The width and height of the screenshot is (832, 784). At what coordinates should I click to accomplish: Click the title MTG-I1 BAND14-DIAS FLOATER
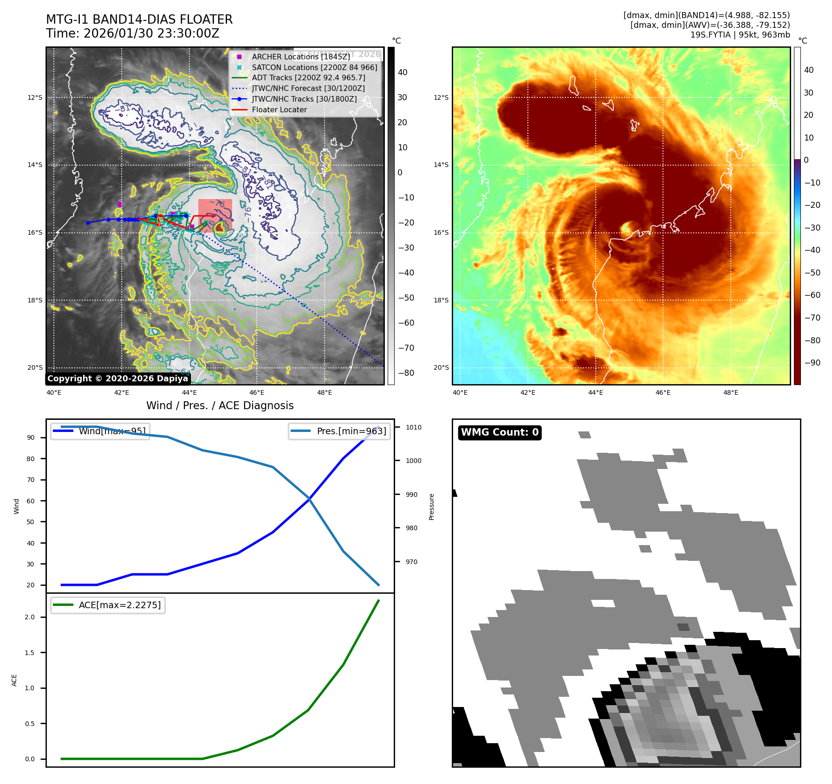tap(139, 19)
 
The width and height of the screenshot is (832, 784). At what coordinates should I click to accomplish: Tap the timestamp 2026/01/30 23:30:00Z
tap(151, 34)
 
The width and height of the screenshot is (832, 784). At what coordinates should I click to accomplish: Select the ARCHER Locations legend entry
tap(300, 57)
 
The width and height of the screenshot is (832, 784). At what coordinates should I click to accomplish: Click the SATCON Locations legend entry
tap(314, 67)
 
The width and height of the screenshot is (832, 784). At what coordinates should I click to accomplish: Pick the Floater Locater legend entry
tap(279, 110)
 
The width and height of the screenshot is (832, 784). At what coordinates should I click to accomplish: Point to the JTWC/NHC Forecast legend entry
tap(308, 88)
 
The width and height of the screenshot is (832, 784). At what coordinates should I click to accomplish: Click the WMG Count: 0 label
tap(500, 432)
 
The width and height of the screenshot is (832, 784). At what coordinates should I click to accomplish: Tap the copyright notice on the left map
tap(117, 379)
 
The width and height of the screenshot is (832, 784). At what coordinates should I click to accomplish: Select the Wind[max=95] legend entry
tap(112, 431)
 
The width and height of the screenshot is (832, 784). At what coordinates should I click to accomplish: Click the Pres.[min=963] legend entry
tap(351, 431)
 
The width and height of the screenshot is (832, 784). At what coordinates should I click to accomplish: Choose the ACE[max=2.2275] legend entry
tap(119, 605)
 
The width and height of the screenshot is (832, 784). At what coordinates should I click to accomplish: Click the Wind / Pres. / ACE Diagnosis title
tap(220, 406)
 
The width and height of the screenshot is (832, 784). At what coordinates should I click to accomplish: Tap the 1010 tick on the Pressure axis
tap(413, 427)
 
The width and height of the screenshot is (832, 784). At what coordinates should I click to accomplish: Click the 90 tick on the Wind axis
tap(31, 437)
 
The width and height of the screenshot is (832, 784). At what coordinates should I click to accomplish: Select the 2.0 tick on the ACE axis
tap(30, 617)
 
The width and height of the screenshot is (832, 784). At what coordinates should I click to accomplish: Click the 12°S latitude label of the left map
tap(35, 97)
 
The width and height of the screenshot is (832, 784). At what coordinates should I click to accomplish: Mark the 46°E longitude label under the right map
tap(663, 392)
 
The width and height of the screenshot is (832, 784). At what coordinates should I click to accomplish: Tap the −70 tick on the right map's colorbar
tap(812, 318)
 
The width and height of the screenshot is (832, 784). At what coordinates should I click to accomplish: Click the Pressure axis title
tap(431, 507)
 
